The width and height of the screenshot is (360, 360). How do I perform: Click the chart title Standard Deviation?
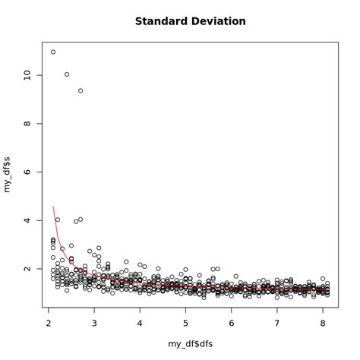[190, 21]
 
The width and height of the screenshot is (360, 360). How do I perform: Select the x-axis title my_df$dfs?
[190, 344]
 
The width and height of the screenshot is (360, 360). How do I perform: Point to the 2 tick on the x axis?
[49, 322]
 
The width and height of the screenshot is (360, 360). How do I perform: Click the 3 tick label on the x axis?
[94, 322]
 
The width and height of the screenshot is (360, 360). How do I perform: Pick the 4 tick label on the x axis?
[140, 322]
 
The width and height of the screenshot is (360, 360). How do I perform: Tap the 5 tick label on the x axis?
[186, 322]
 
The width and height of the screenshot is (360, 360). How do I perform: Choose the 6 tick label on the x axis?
[232, 322]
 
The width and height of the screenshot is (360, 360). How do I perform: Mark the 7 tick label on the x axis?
[277, 322]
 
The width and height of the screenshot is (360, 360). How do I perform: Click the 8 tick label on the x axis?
[323, 322]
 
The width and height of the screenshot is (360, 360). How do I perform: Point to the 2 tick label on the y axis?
[27, 269]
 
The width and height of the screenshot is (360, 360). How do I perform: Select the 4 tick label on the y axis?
[27, 220]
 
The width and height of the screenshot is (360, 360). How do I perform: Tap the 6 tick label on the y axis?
[27, 172]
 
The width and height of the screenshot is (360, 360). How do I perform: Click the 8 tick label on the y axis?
[27, 123]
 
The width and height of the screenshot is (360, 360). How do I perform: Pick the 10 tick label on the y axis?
[27, 74]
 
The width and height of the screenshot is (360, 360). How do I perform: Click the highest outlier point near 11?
[53, 52]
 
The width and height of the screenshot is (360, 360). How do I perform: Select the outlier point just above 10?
[67, 74]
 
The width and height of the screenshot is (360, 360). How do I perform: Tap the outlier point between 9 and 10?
[81, 90]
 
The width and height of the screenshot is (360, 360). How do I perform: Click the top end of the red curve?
[53, 206]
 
